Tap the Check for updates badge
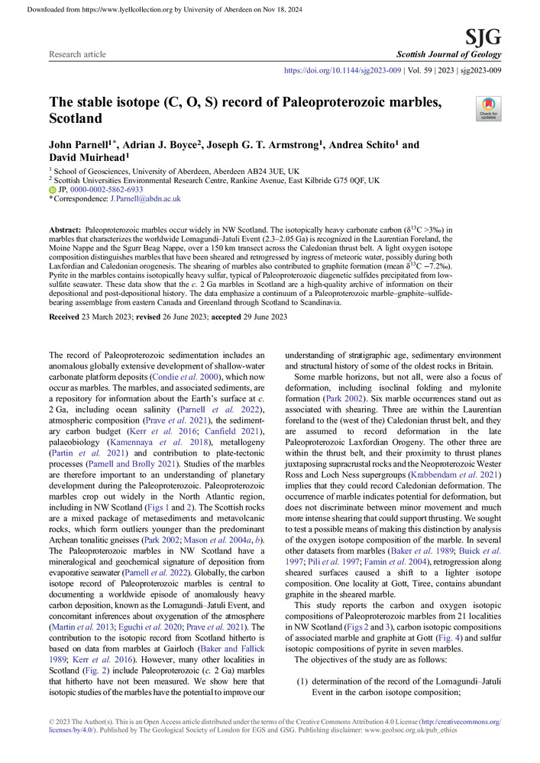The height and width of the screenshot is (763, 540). pos(488,109)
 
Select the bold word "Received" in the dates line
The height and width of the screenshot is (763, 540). pos(67,317)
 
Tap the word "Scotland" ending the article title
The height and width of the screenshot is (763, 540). pos(76,119)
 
